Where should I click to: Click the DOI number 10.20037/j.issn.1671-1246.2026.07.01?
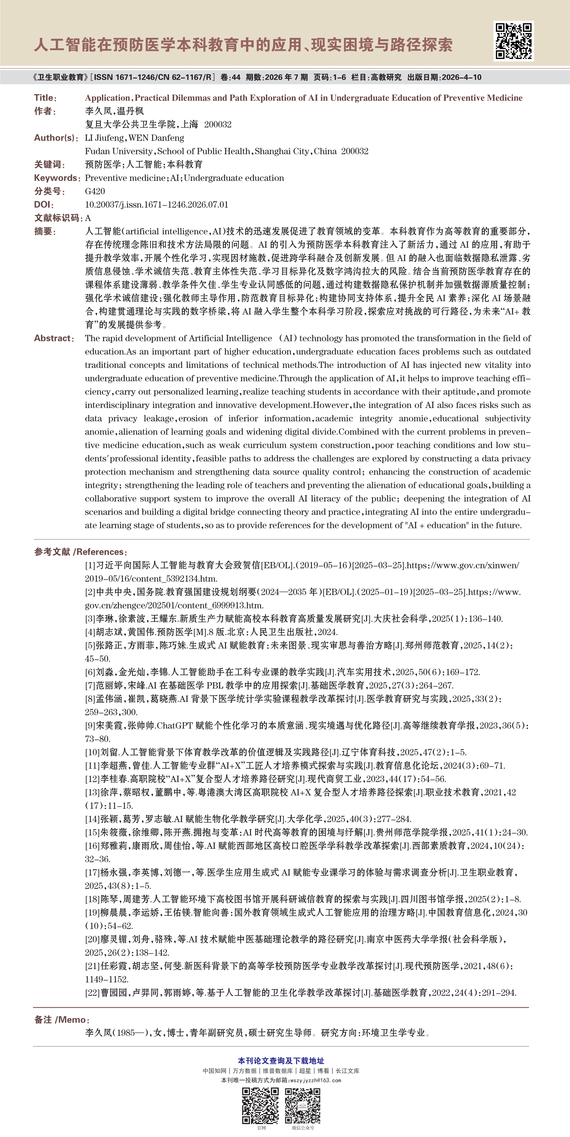(157, 204)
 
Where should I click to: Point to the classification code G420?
(95, 191)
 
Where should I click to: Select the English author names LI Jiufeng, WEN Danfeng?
(134, 138)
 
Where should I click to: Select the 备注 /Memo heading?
(62, 1020)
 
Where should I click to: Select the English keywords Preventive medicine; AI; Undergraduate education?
(184, 178)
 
